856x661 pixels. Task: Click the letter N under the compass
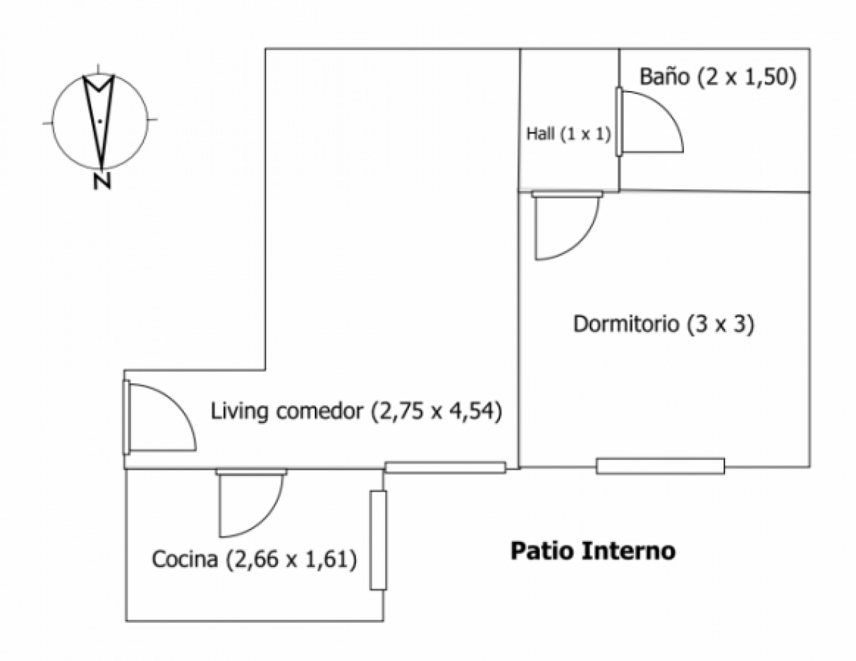click(102, 181)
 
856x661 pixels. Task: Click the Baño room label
click(664, 77)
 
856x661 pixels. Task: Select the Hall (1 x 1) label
click(568, 134)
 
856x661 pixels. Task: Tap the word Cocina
click(185, 559)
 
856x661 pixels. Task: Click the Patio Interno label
click(593, 551)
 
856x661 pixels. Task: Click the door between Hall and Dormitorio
click(566, 225)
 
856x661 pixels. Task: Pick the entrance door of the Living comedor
click(159, 417)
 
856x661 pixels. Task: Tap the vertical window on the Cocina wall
click(378, 540)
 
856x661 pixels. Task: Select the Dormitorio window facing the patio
click(660, 466)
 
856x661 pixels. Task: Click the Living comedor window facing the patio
click(446, 468)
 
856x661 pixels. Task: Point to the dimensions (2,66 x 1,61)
click(291, 559)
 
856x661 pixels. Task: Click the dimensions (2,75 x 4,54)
click(436, 411)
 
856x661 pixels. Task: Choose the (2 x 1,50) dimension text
click(747, 77)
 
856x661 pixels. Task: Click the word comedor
click(319, 412)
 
